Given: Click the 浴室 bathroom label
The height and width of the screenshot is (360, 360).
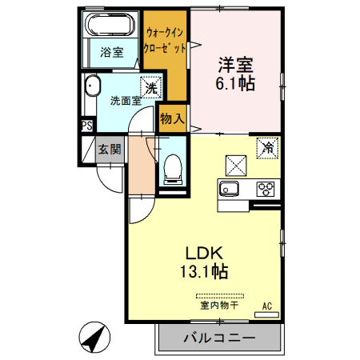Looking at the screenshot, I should click(111, 53).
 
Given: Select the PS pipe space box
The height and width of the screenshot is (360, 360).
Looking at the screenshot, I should click(86, 126).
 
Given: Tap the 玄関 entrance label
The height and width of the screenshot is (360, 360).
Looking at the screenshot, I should click(110, 149).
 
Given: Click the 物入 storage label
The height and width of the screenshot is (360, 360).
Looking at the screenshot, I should click(172, 118).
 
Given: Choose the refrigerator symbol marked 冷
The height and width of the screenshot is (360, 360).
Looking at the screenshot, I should click(268, 147).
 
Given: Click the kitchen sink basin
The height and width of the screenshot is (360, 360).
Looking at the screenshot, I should click(229, 190).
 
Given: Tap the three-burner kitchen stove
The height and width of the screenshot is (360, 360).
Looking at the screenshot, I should click(265, 190).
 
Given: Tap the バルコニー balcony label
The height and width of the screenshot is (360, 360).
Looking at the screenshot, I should click(218, 338).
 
